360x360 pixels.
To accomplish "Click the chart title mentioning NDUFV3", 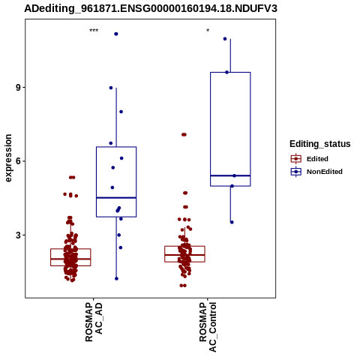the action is (151, 8).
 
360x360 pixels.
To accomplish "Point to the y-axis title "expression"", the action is (8, 158).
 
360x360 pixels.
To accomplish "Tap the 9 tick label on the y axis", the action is (18, 88).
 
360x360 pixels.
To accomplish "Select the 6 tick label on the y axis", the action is (18, 161).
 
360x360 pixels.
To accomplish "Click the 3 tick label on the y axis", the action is (18, 235).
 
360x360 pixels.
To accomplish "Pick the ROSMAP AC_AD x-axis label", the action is (94, 322).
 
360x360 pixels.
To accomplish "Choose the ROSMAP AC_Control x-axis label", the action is (208, 327).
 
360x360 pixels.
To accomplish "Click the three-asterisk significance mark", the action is (94, 31).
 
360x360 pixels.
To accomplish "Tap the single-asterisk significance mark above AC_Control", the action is (208, 31).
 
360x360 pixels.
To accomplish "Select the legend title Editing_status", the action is (320, 144).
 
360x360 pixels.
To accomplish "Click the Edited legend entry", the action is (310, 159).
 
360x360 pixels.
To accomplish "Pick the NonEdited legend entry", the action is (316, 172).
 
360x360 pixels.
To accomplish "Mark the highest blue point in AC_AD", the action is (116, 34).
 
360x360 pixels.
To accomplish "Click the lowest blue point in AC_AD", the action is (116, 278).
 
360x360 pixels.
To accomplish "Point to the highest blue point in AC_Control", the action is (225, 39).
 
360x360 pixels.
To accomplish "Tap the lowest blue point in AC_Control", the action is (232, 222).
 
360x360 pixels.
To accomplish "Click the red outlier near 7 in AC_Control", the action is (184, 135).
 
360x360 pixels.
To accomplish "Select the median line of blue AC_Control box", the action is (230, 175).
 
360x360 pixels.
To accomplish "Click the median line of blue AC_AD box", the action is (116, 198).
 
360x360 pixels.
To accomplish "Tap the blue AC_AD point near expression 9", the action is (111, 88).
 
